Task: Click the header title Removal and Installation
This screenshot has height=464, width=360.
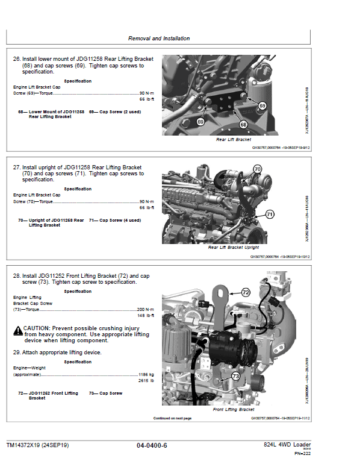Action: pyautogui.click(x=159, y=39)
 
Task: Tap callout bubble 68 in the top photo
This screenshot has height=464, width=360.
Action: pyautogui.click(x=243, y=125)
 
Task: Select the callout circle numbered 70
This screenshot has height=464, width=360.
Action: pyautogui.click(x=257, y=169)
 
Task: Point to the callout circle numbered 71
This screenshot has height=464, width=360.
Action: pyautogui.click(x=270, y=214)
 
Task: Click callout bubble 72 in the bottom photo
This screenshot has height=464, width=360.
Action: pyautogui.click(x=245, y=292)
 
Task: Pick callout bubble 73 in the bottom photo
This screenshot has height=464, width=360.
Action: pyautogui.click(x=235, y=376)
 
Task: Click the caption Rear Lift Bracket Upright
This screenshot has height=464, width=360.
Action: pyautogui.click(x=234, y=248)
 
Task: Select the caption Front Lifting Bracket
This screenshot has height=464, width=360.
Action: pyautogui.click(x=234, y=410)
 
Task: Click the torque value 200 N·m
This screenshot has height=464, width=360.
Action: pyautogui.click(x=145, y=309)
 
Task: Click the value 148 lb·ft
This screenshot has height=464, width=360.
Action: pyautogui.click(x=146, y=316)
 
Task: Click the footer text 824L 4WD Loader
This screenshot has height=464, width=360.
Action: pyautogui.click(x=287, y=445)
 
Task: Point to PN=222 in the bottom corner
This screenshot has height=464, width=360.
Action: pyautogui.click(x=302, y=453)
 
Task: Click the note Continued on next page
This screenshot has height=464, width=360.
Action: pyautogui.click(x=172, y=418)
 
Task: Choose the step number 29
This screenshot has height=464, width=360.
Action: pyautogui.click(x=17, y=352)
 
